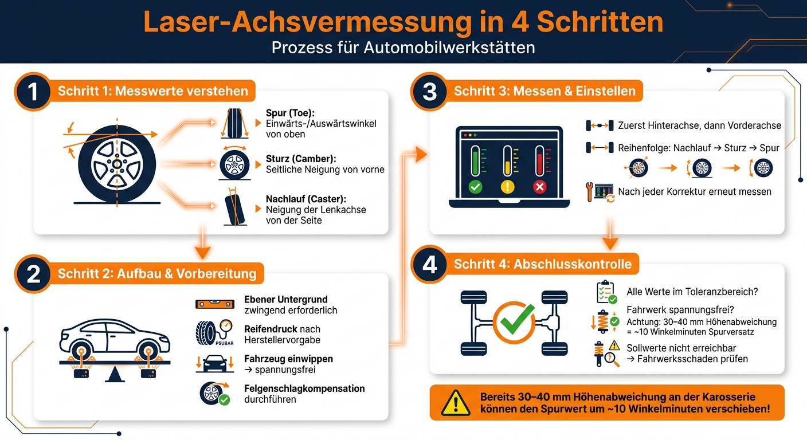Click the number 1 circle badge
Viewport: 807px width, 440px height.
pyautogui.click(x=33, y=92)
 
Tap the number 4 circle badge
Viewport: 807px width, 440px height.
pyautogui.click(x=429, y=265)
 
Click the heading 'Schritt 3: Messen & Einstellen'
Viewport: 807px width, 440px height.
pyautogui.click(x=544, y=91)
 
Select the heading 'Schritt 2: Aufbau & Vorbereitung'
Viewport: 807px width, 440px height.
pyautogui.click(x=157, y=274)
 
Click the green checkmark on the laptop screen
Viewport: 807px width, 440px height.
pyautogui.click(x=475, y=187)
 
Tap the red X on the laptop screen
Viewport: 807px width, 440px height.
pyautogui.click(x=540, y=187)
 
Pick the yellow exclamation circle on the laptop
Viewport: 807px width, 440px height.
pyautogui.click(x=508, y=187)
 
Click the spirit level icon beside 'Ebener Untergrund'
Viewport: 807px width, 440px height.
pyautogui.click(x=215, y=304)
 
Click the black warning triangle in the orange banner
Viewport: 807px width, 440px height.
pyautogui.click(x=456, y=403)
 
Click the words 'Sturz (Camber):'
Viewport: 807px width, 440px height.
pyautogui.click(x=301, y=159)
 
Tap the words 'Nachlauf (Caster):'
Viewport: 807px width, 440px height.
pyautogui.click(x=306, y=199)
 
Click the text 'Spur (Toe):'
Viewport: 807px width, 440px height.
pyautogui.click(x=290, y=113)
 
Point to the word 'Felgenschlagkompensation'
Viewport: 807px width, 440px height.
pyautogui.click(x=304, y=388)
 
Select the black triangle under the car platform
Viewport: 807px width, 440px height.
pyautogui.click(x=115, y=375)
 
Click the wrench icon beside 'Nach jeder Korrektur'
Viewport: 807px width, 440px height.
pyautogui.click(x=589, y=191)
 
